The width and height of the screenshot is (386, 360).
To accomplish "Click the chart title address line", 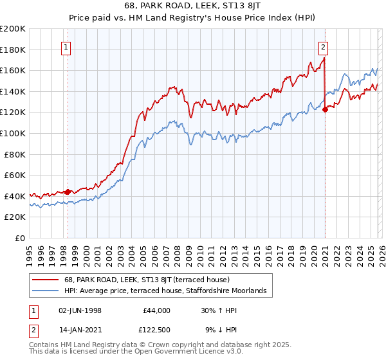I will pos(192,7).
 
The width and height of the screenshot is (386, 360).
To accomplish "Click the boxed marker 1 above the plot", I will pos(67,46).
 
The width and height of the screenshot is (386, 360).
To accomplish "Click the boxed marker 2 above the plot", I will pos(322,46).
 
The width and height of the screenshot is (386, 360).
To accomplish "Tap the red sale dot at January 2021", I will pos(325,109).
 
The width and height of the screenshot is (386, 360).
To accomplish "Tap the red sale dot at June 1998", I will pos(68,192).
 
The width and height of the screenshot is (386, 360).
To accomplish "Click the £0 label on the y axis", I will pos(20,238).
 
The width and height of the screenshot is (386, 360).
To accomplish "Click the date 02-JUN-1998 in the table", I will pos(80,310).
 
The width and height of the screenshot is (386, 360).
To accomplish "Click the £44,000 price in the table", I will pos(156,310).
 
